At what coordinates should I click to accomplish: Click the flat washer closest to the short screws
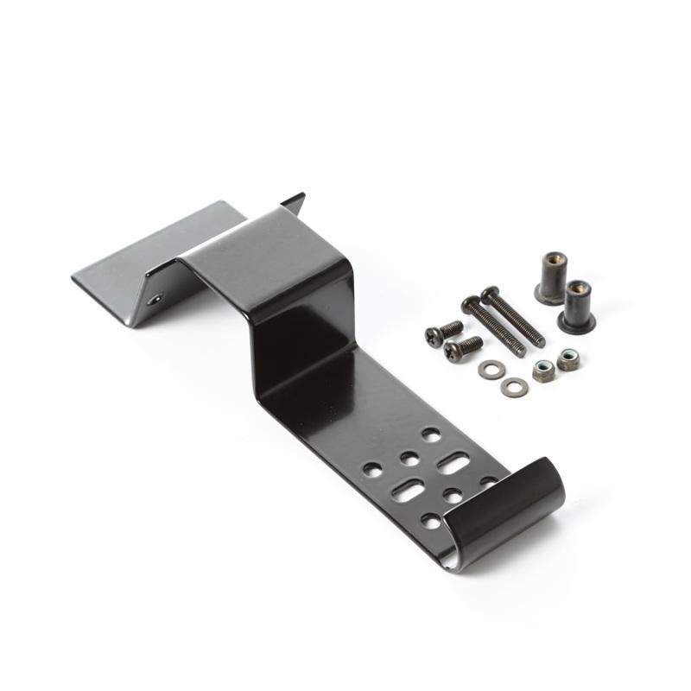point(491,370)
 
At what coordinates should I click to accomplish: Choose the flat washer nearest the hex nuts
point(514,387)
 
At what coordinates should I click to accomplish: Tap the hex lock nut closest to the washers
point(543,371)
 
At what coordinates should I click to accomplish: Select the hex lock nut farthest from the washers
point(567,358)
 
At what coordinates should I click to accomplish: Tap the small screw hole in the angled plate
point(155,299)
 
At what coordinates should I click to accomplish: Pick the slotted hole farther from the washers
point(405,491)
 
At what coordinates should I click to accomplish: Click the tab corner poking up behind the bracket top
point(294,201)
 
